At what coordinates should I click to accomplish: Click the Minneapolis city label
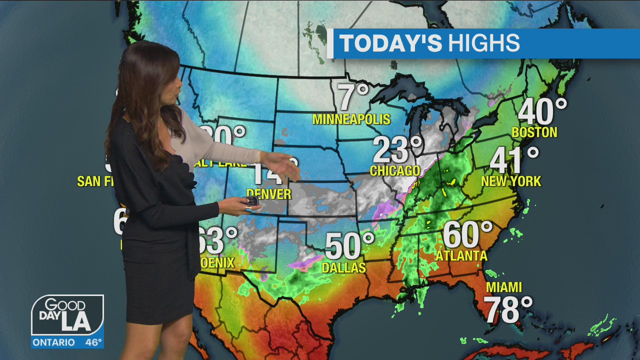(351, 119)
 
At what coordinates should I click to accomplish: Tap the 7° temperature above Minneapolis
(353, 97)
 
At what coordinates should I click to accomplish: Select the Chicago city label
(395, 170)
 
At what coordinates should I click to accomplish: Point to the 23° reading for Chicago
(398, 149)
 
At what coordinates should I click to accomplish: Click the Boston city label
(534, 132)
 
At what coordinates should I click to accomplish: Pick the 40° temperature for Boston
(542, 111)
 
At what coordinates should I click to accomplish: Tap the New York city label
(511, 181)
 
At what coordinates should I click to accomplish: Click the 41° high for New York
(514, 160)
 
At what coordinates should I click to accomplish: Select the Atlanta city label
(461, 255)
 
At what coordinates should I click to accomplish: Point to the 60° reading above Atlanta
(467, 234)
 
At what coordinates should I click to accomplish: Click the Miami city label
(504, 287)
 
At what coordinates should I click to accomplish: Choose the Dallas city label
(344, 268)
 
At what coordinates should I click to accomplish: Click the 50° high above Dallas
(349, 246)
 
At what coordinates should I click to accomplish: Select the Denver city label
(268, 193)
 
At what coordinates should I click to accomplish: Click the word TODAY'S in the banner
(390, 43)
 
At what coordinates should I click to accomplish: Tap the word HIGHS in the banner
(483, 43)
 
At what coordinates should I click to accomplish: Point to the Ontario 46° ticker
(67, 342)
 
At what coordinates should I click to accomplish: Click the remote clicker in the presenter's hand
(251, 201)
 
